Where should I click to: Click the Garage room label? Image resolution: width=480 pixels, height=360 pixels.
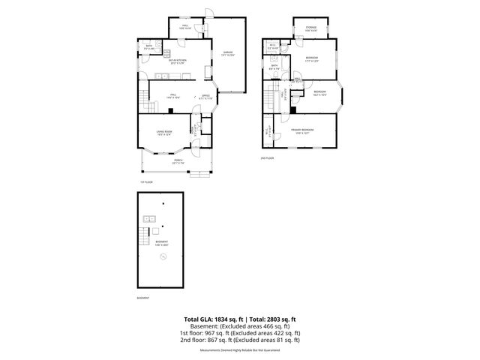pos(226,53)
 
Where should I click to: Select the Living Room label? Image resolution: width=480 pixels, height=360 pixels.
pos(164,133)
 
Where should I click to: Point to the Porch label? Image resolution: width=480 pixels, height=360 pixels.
pos(179,160)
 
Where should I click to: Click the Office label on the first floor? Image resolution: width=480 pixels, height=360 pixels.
pos(205,97)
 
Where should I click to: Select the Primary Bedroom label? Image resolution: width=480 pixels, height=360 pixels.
pos(302,131)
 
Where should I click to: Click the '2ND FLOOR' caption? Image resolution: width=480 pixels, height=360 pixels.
pos(268,158)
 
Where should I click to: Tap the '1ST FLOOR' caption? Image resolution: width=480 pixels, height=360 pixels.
pos(146,181)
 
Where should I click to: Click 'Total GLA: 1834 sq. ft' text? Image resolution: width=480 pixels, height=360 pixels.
pos(209,319)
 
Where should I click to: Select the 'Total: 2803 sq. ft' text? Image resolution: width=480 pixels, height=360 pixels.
pos(271,319)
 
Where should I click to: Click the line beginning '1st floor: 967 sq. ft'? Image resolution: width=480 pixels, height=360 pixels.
pos(239,332)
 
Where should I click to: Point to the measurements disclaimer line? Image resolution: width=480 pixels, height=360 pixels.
pos(239,350)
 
